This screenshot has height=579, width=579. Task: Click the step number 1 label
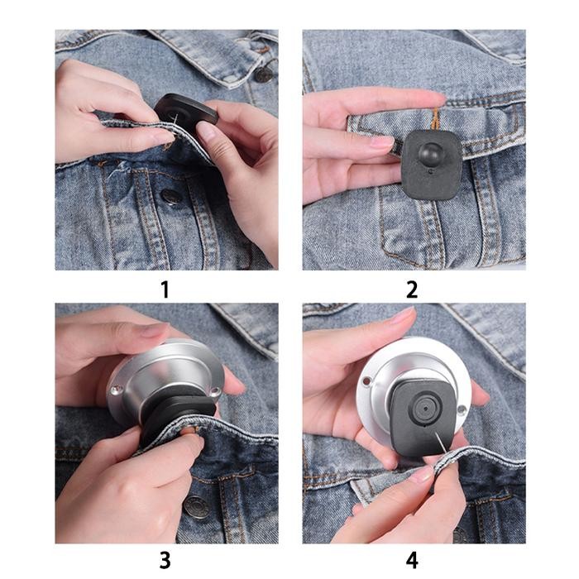(165, 289)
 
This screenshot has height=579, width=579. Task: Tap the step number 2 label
(412, 289)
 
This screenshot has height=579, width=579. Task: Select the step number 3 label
(165, 560)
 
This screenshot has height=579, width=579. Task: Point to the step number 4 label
(412, 560)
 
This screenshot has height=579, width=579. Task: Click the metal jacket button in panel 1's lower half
(171, 197)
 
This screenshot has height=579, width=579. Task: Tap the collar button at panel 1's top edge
(263, 74)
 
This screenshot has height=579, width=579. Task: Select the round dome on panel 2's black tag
(431, 154)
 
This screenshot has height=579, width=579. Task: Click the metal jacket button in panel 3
(196, 506)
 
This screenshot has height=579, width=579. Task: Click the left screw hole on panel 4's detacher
(365, 381)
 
